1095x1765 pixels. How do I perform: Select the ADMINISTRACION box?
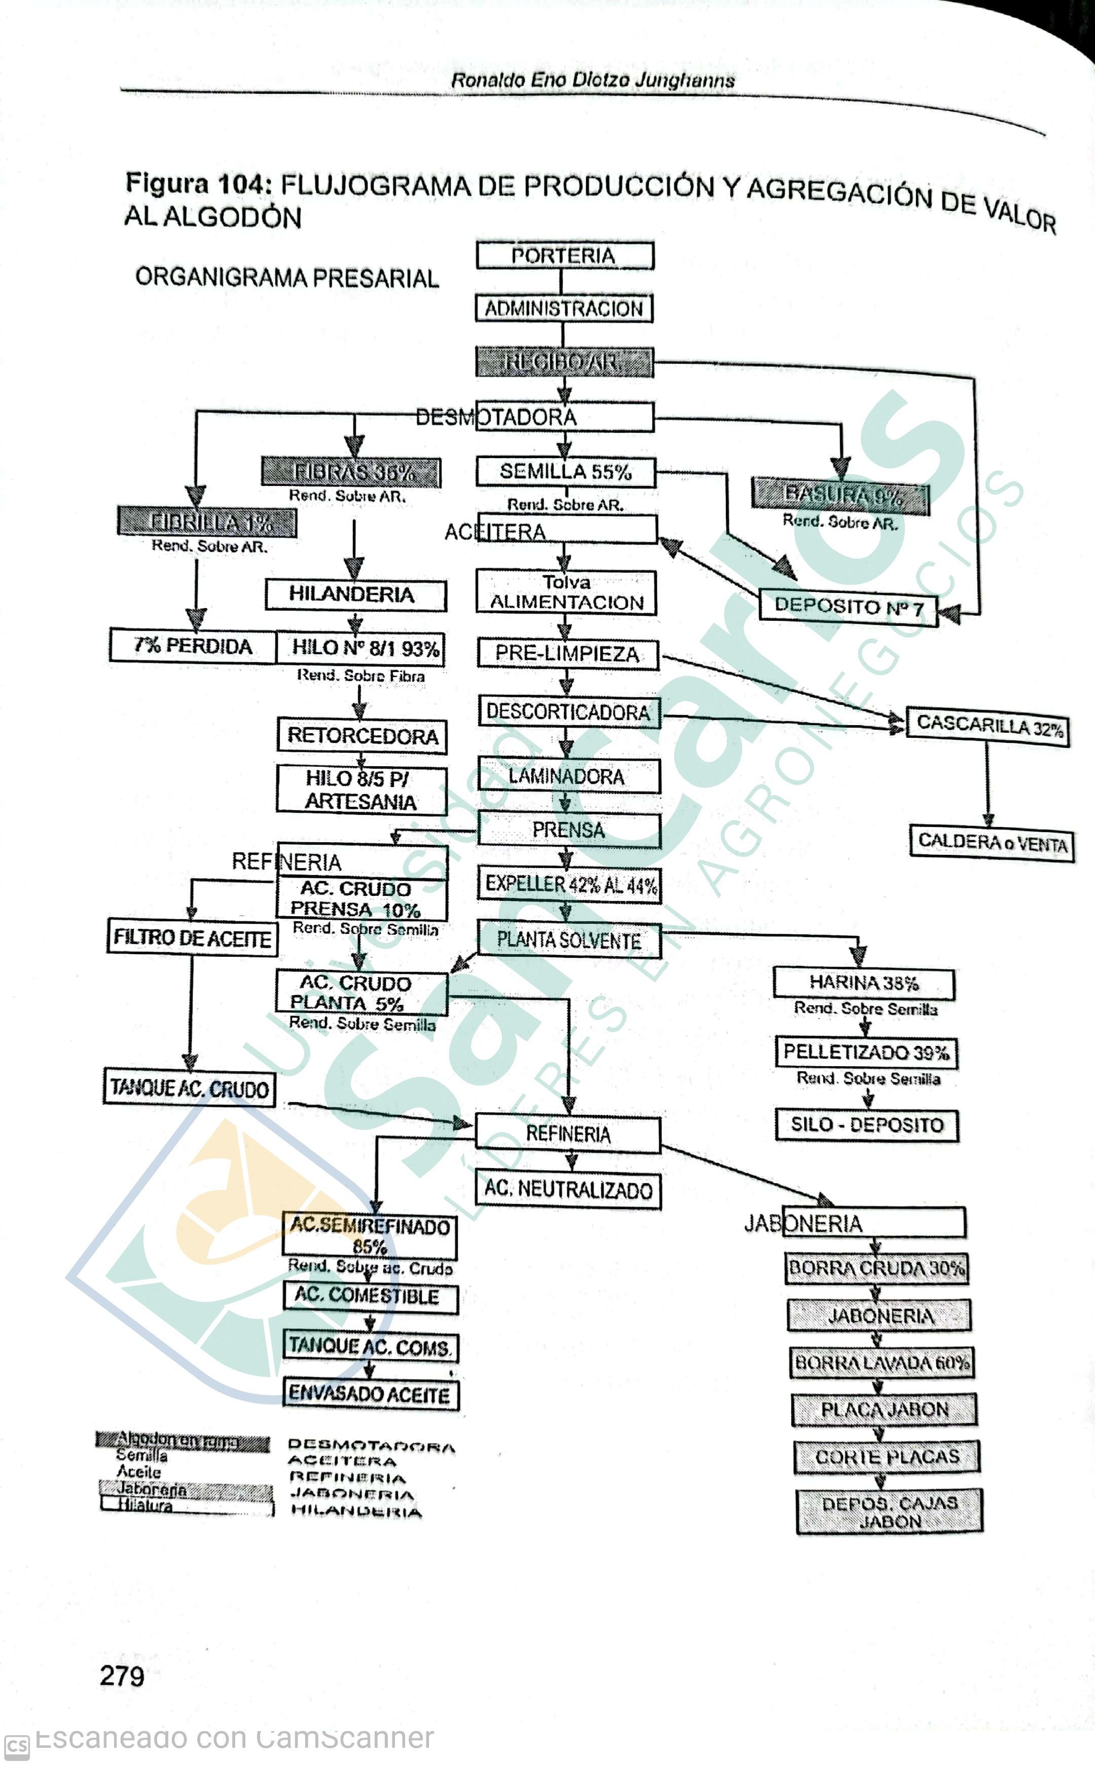pyautogui.click(x=563, y=309)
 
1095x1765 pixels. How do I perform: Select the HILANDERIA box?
pyautogui.click(x=355, y=595)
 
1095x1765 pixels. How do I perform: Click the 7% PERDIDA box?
pyautogui.click(x=193, y=646)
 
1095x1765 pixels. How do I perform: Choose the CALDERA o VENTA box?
pyautogui.click(x=992, y=843)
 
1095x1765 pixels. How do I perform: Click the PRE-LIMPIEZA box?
pyautogui.click(x=568, y=654)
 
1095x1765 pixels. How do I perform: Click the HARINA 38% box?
pyautogui.click(x=863, y=983)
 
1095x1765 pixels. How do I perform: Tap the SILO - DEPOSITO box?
pyautogui.click(x=867, y=1125)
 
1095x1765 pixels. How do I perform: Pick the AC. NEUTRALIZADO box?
pyautogui.click(x=568, y=1189)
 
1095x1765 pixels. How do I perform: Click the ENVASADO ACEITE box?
pyautogui.click(x=370, y=1394)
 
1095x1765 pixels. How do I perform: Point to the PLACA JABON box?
pyautogui.click(x=884, y=1410)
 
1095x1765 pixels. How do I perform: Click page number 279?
pyautogui.click(x=122, y=1676)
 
